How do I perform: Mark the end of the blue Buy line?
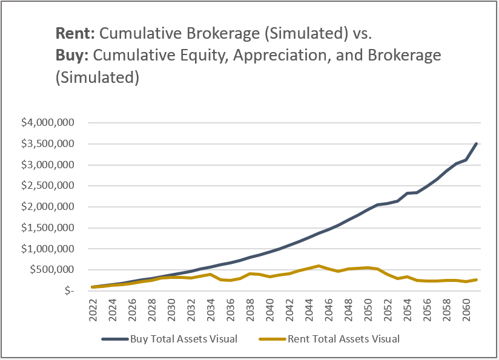tap(477, 143)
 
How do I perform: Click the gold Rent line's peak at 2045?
tap(319, 266)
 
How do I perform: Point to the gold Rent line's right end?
tap(477, 280)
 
